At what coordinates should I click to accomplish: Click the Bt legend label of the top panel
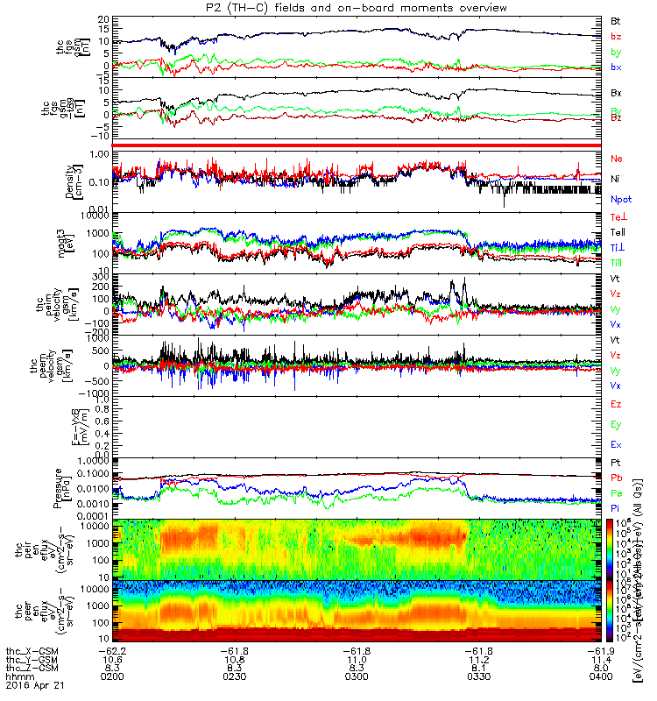(x=616, y=19)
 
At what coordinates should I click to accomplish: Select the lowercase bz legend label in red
(x=616, y=36)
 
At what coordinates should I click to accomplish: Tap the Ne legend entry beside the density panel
(x=617, y=159)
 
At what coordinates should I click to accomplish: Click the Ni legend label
(x=616, y=178)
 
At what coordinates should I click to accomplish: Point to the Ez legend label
(x=616, y=404)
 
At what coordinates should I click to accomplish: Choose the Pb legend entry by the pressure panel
(x=617, y=478)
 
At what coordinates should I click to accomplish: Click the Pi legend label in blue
(x=616, y=508)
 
